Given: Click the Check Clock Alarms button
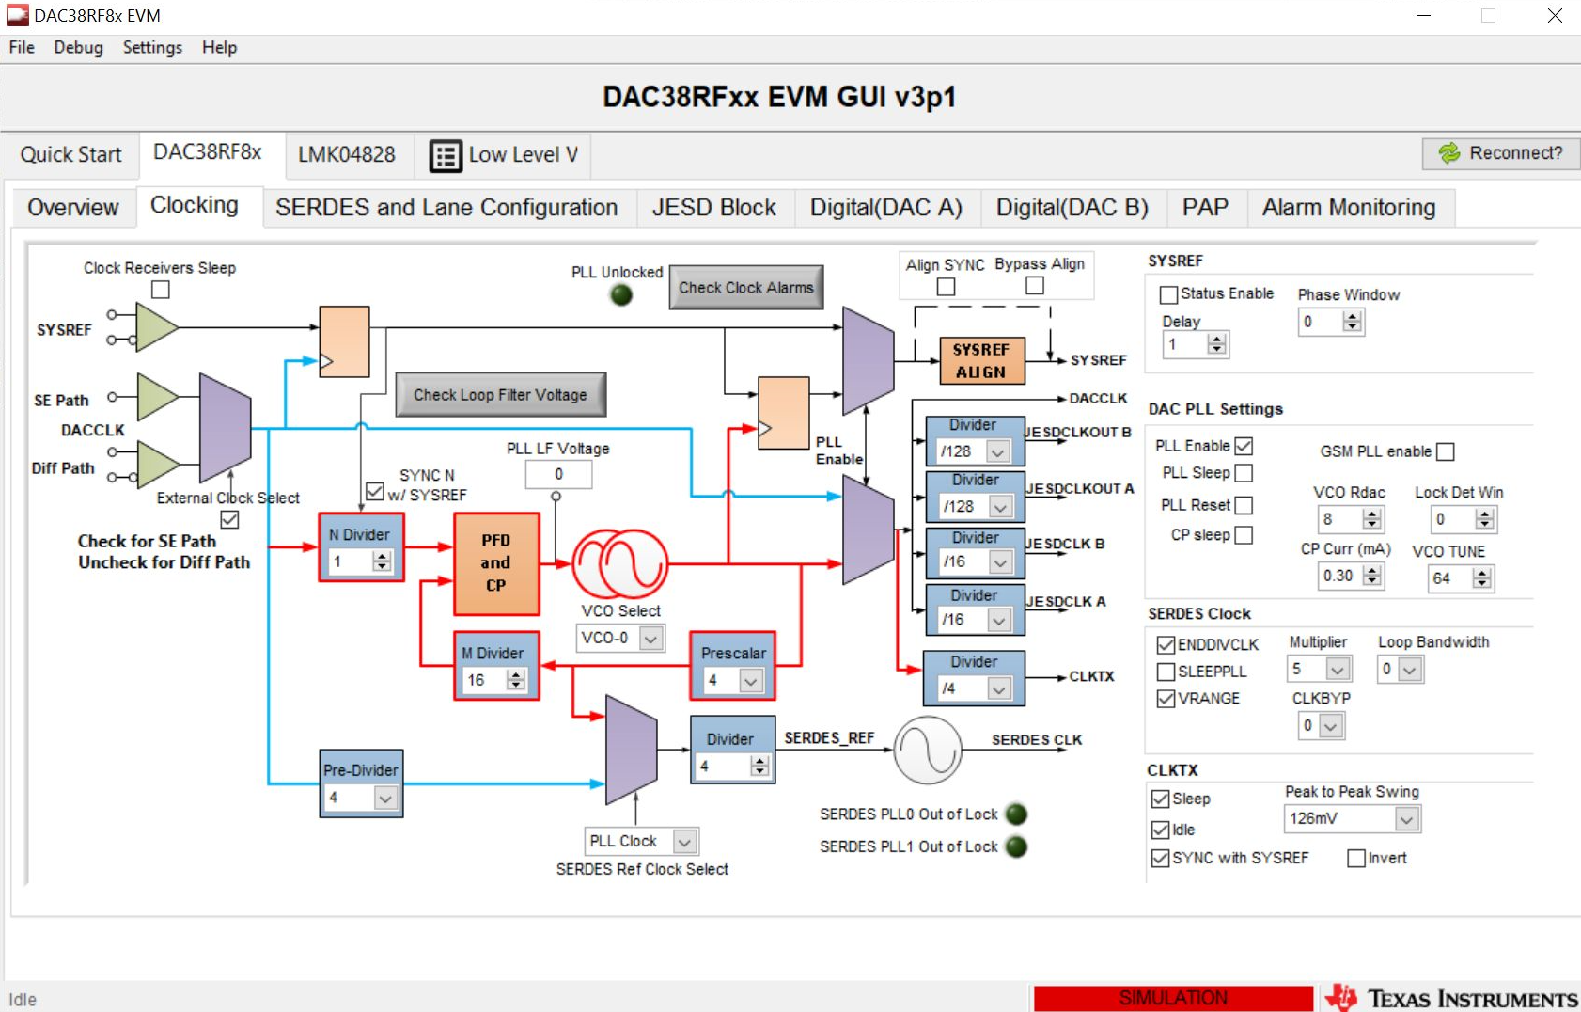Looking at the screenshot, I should click(x=746, y=288).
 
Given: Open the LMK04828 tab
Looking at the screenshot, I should click(x=347, y=154).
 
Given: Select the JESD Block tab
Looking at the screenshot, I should click(x=713, y=208).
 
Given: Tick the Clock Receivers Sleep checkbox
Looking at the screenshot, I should click(x=161, y=290).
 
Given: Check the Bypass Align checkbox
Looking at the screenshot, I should click(x=1035, y=286).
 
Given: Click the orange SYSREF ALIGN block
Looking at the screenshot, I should click(x=981, y=361).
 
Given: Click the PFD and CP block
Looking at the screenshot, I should click(x=496, y=563).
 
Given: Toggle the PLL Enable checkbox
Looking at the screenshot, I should click(x=1244, y=446).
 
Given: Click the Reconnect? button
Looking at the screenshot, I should click(x=1501, y=153).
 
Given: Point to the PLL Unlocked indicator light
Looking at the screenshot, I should click(x=621, y=295).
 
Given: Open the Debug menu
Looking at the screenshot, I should click(x=78, y=48).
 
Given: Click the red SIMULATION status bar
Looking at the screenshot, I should click(x=1173, y=998).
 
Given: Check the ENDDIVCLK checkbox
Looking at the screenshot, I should click(x=1166, y=644).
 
